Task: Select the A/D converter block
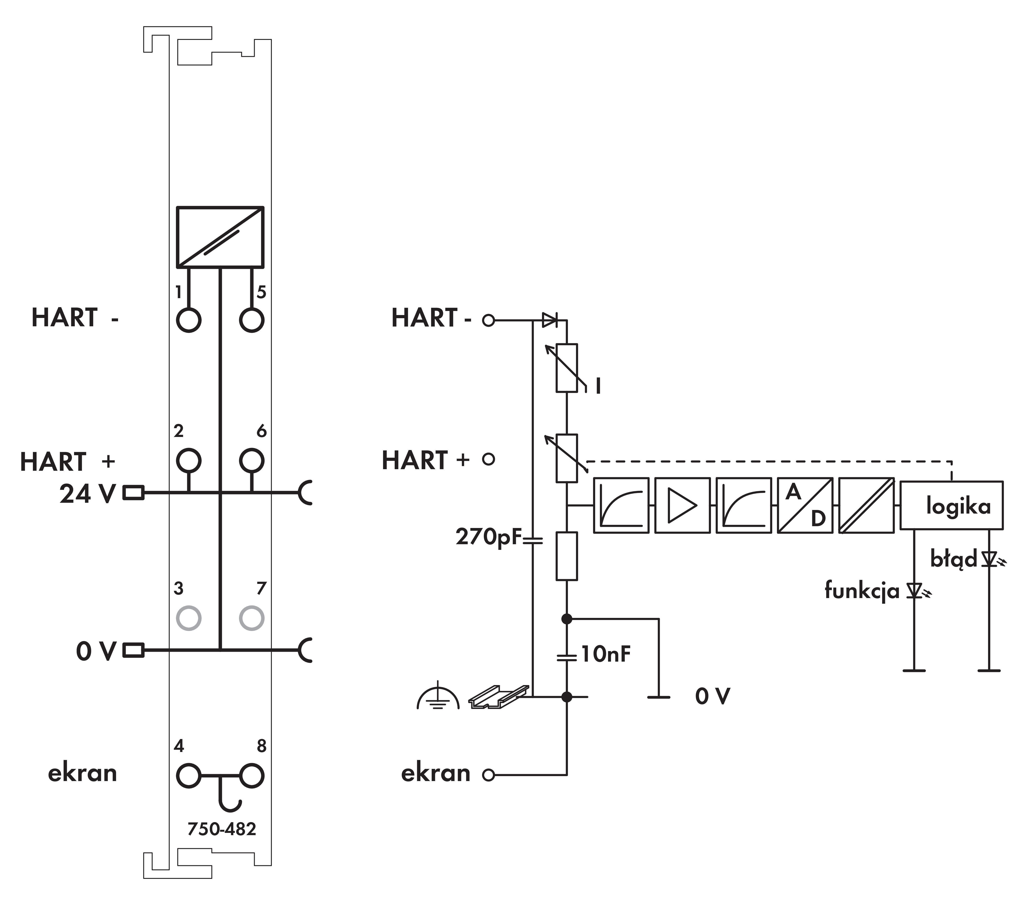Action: coord(805,505)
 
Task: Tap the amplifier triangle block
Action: coord(682,505)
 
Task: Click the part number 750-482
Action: coord(222,829)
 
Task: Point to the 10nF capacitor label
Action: coord(606,654)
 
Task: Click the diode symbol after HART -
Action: coord(549,320)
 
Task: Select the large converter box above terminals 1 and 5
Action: coord(220,237)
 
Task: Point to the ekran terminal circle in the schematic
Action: coord(489,775)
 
